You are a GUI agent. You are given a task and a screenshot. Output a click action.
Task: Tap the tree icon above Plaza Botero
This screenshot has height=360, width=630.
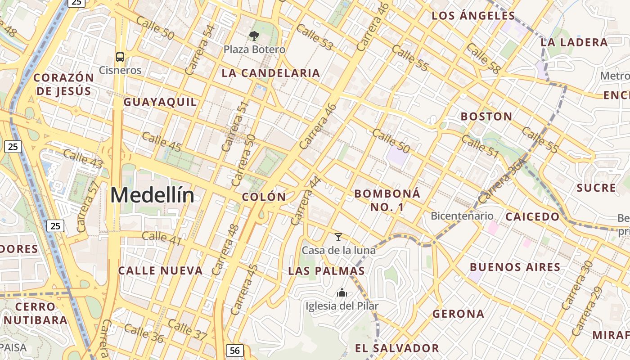coord(254,36)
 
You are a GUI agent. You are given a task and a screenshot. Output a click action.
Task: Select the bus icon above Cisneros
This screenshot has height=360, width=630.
coord(120,57)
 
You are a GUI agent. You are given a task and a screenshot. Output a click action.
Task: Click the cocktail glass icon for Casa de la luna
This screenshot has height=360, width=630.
coord(338,237)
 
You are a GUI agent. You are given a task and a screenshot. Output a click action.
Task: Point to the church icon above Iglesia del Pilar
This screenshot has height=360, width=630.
coord(342,293)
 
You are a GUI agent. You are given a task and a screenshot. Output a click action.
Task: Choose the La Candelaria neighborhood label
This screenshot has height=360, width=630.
coord(270,73)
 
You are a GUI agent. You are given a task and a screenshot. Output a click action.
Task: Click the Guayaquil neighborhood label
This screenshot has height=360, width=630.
coord(160,102)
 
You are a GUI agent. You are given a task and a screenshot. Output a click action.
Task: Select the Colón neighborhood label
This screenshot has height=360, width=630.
coord(264,197)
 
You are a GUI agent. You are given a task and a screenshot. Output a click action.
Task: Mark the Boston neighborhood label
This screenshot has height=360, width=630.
coord(486,117)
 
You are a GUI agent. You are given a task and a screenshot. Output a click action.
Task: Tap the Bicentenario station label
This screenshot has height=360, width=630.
coord(462,216)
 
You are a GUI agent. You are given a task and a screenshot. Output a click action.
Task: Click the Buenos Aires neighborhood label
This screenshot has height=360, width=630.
coord(515,267)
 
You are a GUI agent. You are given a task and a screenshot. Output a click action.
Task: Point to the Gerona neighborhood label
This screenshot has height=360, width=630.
coord(458,314)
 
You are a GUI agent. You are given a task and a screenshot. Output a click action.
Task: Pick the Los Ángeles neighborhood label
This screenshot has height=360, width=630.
coord(473,16)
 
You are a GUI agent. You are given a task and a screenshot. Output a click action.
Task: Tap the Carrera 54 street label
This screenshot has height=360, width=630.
coord(200,50)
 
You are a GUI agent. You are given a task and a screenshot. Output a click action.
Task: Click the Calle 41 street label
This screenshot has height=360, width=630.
coord(162,238)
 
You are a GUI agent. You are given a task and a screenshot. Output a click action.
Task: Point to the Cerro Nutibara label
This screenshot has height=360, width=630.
coord(35,314)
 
